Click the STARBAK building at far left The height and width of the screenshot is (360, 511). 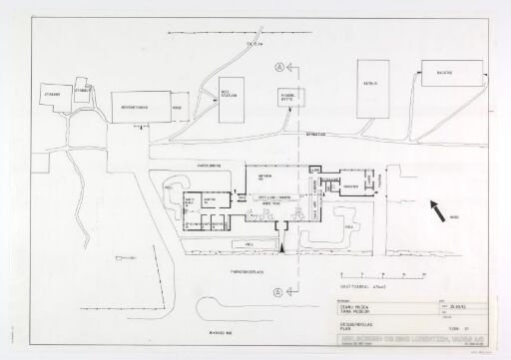click(x=51, y=96)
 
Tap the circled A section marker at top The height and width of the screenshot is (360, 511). click(x=278, y=67)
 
